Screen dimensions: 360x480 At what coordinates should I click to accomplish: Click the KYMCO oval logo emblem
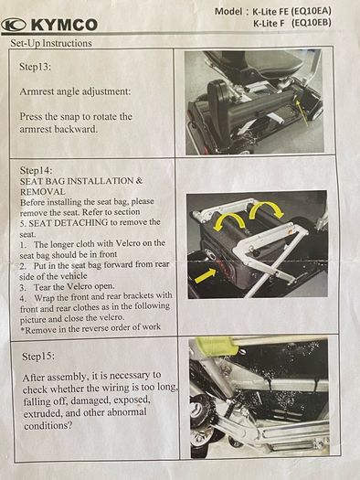pos(14,25)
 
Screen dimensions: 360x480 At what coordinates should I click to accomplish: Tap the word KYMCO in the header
pos(64,25)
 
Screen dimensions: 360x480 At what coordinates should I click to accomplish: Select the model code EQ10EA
pos(311,11)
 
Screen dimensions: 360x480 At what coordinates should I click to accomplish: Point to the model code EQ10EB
pos(312,23)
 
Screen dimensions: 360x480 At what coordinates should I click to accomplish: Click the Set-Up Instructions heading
pos(51,43)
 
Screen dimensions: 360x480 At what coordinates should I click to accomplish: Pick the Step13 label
pos(35,67)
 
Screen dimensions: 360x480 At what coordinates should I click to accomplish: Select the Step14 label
pos(36,170)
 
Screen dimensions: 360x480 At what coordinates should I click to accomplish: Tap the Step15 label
pos(38,357)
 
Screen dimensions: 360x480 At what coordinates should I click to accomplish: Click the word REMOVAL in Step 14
pos(43,192)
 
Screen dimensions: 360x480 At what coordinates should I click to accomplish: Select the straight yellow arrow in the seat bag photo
pos(206,274)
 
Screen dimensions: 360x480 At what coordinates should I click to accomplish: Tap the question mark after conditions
pos(70,426)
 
